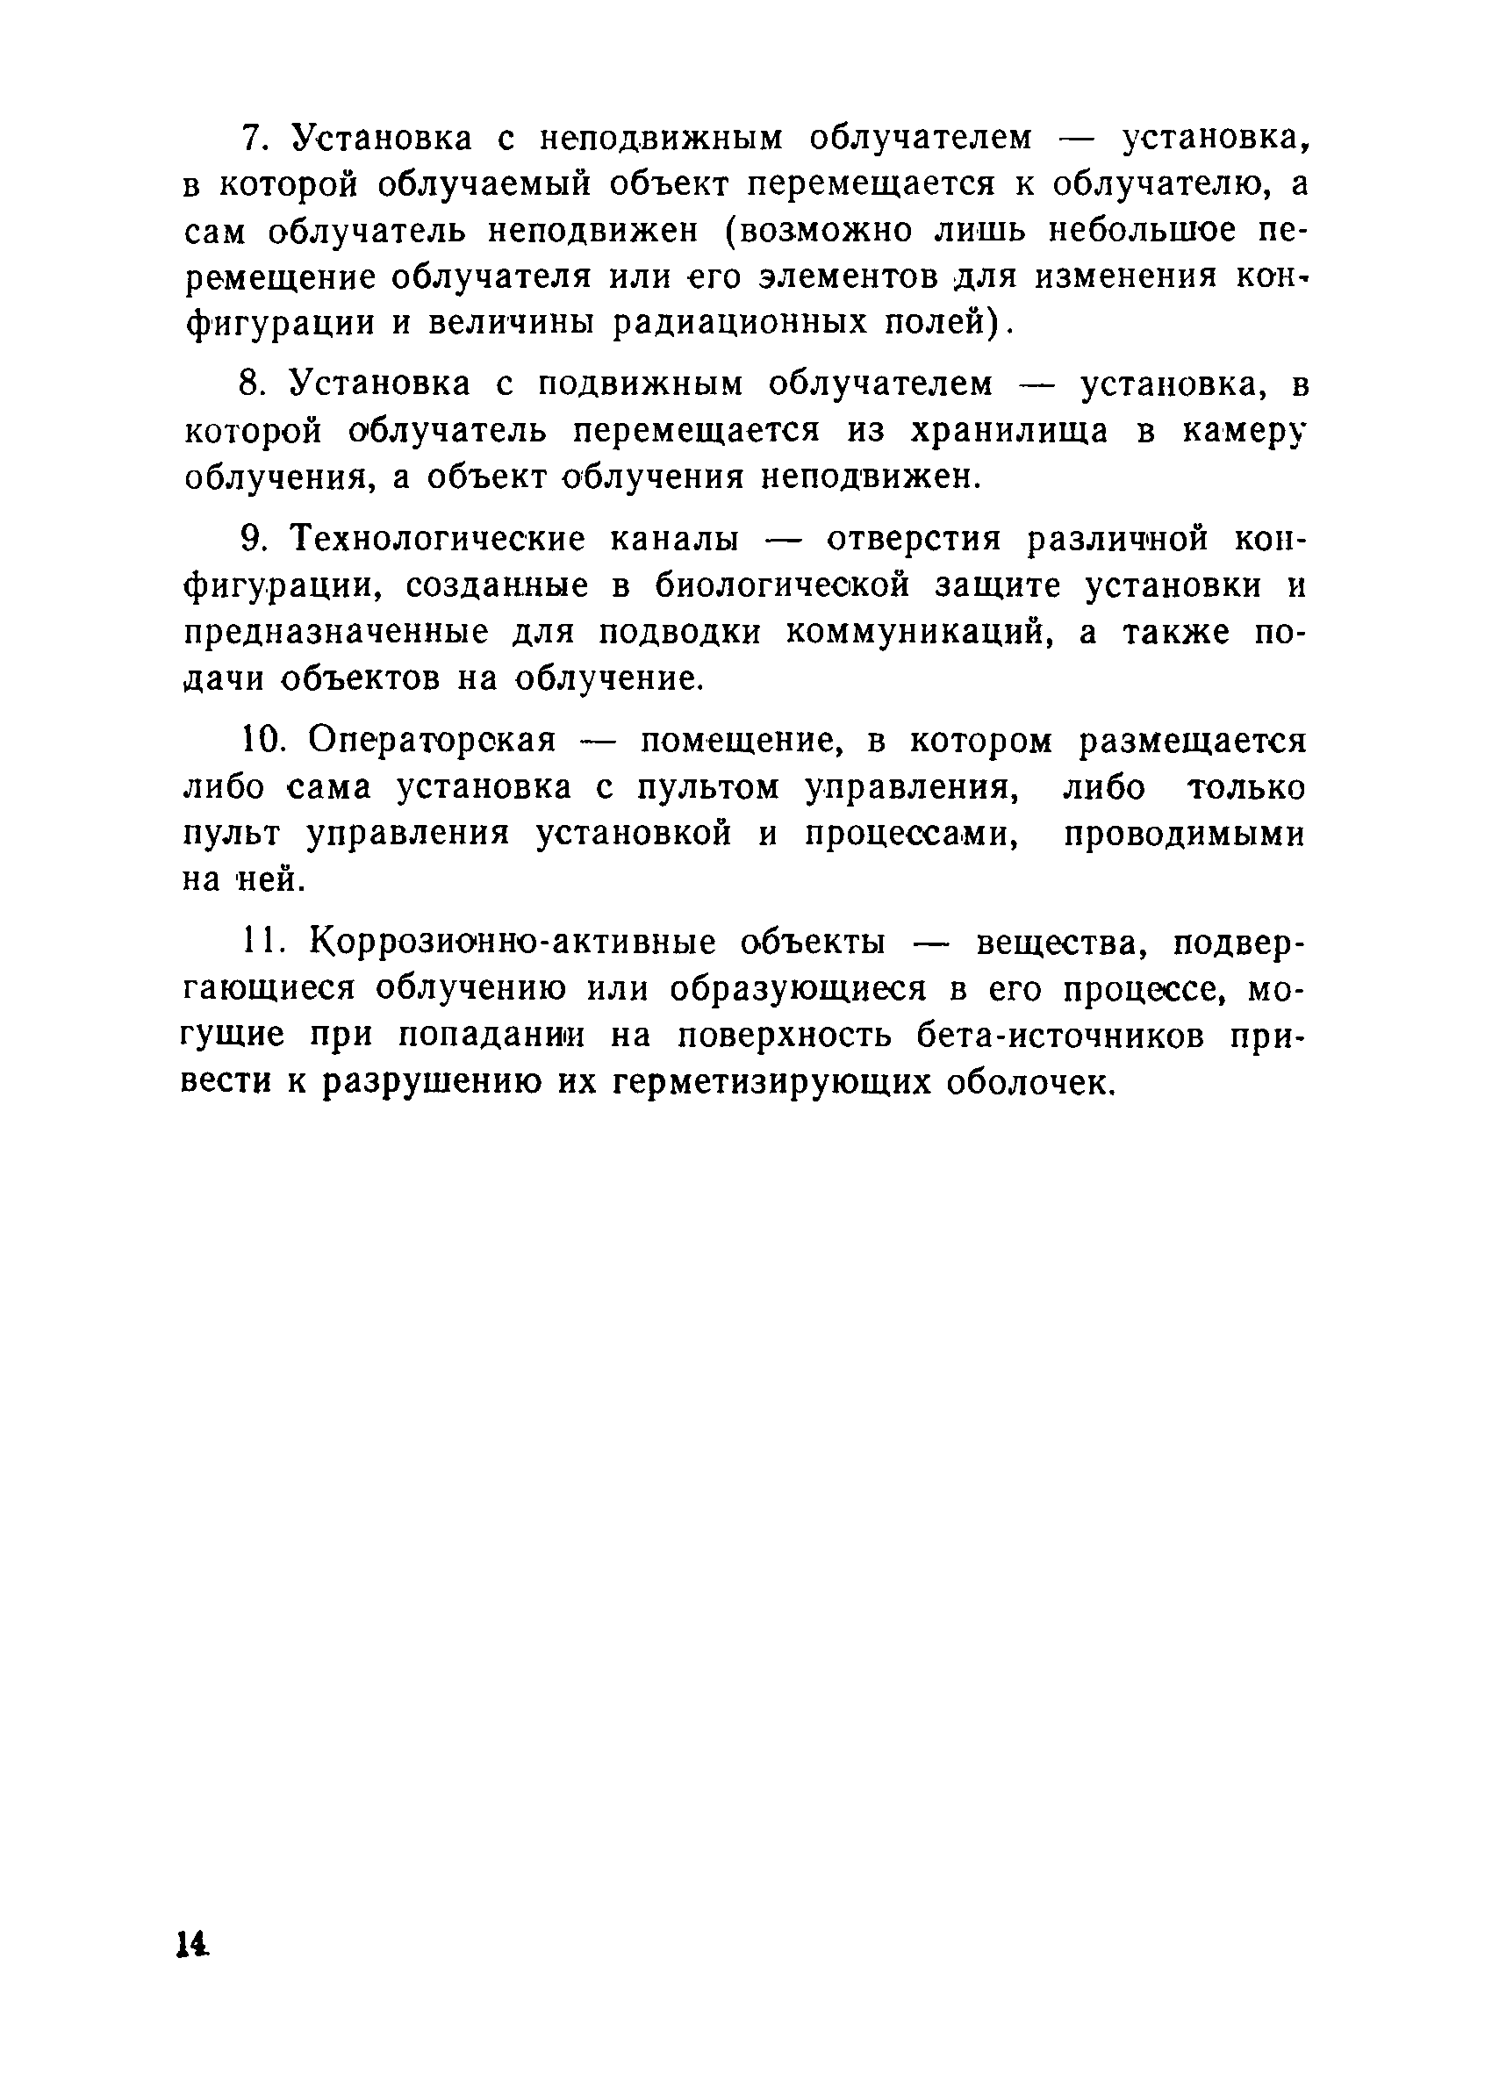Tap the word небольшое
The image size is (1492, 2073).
pos(1141,230)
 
